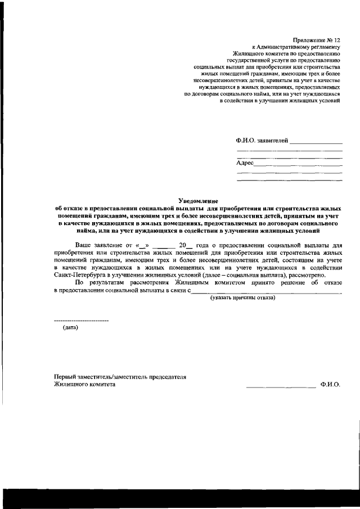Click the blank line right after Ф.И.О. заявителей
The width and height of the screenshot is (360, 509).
pyautogui.click(x=316, y=143)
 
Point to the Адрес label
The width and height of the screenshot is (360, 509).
pyautogui.click(x=245, y=163)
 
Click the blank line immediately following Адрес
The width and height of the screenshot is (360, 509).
pyautogui.click(x=298, y=165)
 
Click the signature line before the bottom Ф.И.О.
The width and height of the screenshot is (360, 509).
pyautogui.click(x=281, y=386)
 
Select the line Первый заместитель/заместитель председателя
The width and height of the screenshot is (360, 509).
pyautogui.click(x=120, y=376)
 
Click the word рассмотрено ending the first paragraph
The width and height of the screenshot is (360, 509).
pyautogui.click(x=307, y=275)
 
